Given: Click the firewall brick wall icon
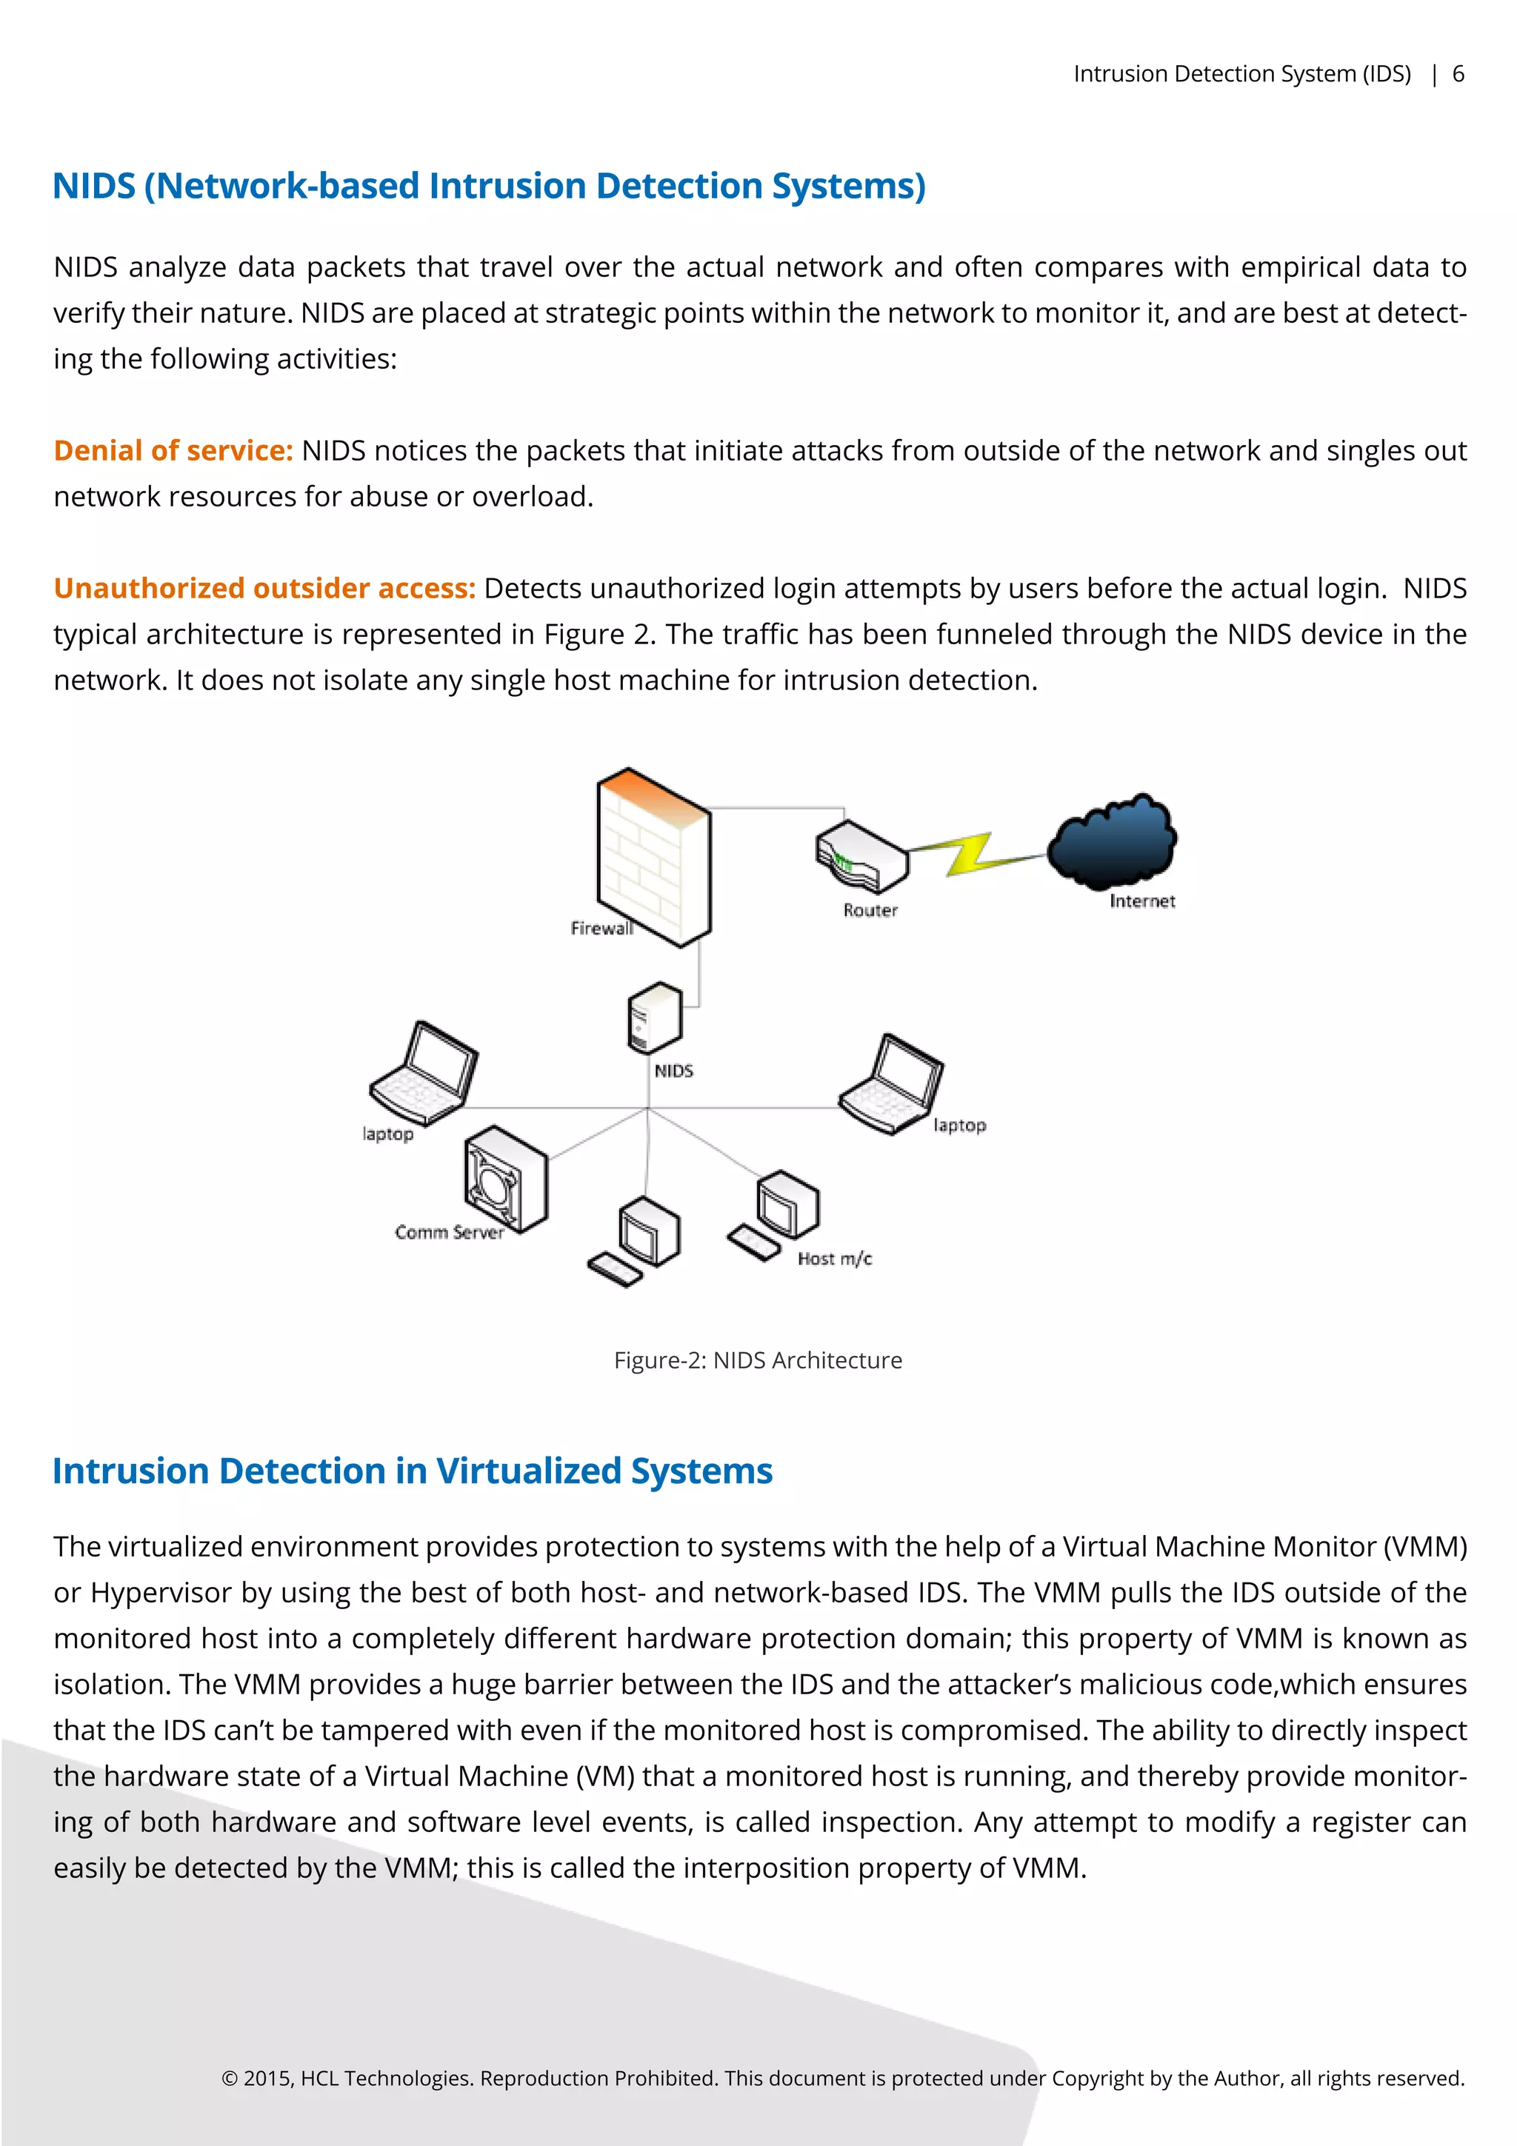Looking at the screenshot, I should pyautogui.click(x=653, y=856).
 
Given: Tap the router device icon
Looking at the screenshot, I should pyautogui.click(x=861, y=856).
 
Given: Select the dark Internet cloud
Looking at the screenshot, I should pyautogui.click(x=1111, y=842).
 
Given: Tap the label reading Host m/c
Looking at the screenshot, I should pyautogui.click(x=834, y=1259).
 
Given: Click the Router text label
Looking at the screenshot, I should pyautogui.click(x=870, y=910).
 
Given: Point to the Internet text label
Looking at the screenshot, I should pyautogui.click(x=1141, y=901).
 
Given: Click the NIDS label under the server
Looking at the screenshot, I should pyautogui.click(x=673, y=1071).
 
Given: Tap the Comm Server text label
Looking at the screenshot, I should pyautogui.click(x=449, y=1233).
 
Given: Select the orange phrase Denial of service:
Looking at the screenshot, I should pyautogui.click(x=173, y=450).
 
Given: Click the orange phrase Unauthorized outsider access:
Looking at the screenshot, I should pyautogui.click(x=264, y=588).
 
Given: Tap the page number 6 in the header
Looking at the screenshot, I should pyautogui.click(x=1457, y=74).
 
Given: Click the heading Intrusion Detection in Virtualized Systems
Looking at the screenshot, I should pyautogui.click(x=412, y=1471).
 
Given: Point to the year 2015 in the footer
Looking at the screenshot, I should pyautogui.click(x=267, y=2078).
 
